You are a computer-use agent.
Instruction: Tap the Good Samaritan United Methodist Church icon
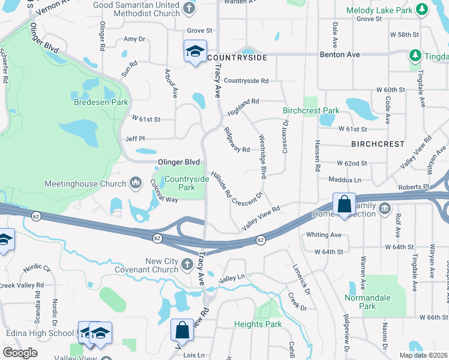189,8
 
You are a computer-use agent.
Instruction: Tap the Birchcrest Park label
311,110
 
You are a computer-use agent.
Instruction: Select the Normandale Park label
367,302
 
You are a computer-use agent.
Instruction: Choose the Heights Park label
257,325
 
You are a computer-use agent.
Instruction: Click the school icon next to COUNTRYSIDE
196,52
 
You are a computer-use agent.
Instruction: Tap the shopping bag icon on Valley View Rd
181,329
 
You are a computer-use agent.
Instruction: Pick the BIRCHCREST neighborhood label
378,144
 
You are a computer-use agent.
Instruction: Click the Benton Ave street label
340,55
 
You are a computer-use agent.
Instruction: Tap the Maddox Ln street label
345,179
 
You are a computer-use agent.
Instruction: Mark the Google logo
20,353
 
